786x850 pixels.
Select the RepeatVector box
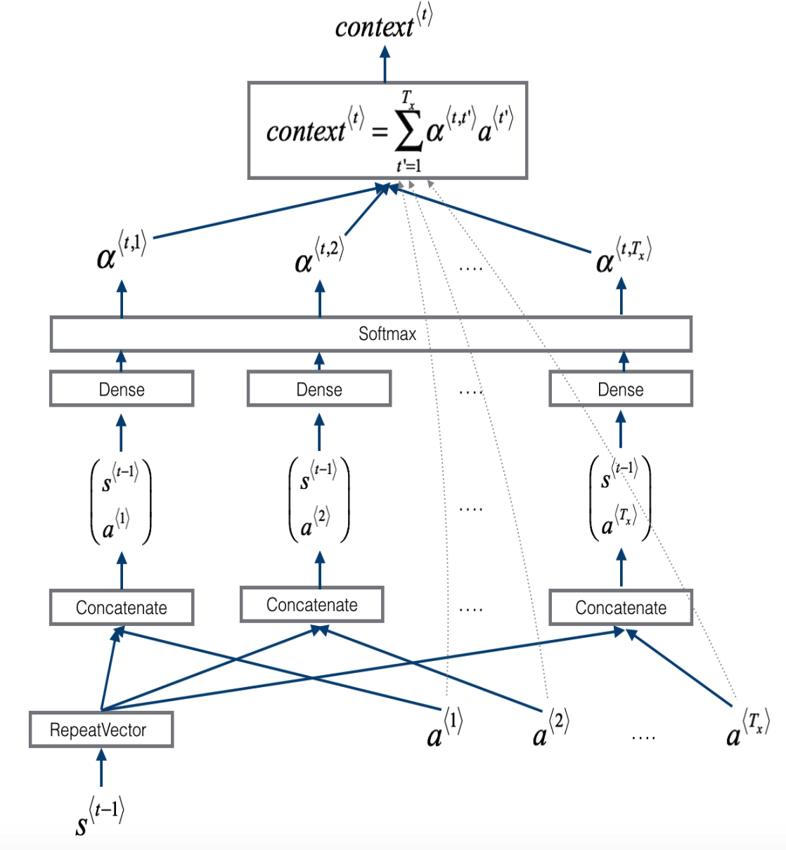[x=101, y=730]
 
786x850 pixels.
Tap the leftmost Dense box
[x=122, y=389]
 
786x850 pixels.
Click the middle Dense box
[x=319, y=389]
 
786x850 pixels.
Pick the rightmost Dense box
[x=621, y=389]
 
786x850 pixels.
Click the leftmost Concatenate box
[x=122, y=608]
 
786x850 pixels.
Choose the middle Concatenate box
[x=312, y=605]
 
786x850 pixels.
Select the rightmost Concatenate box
[x=621, y=608]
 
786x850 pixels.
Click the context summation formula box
[x=387, y=131]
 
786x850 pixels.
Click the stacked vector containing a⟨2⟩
[x=319, y=499]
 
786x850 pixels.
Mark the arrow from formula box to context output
[x=385, y=65]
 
